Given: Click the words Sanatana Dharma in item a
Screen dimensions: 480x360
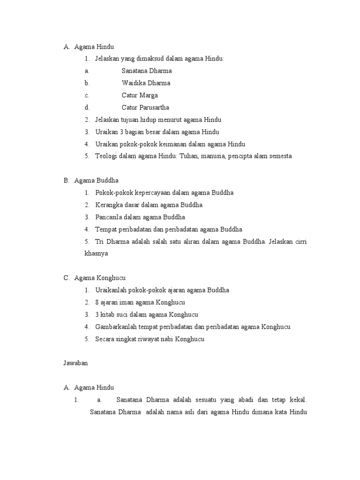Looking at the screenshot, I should tap(147, 71).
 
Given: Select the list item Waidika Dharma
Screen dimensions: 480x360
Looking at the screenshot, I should tap(146, 83).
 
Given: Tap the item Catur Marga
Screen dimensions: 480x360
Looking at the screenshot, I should tap(140, 96).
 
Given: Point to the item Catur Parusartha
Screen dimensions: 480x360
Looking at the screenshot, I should tap(145, 108).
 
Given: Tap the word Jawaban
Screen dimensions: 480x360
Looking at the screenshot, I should tap(75, 363).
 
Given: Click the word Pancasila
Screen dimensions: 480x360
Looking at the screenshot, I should tap(109, 217).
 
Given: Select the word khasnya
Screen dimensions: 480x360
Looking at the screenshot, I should tap(96, 254).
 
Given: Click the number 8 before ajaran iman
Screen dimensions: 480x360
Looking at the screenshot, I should tap(97, 302).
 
